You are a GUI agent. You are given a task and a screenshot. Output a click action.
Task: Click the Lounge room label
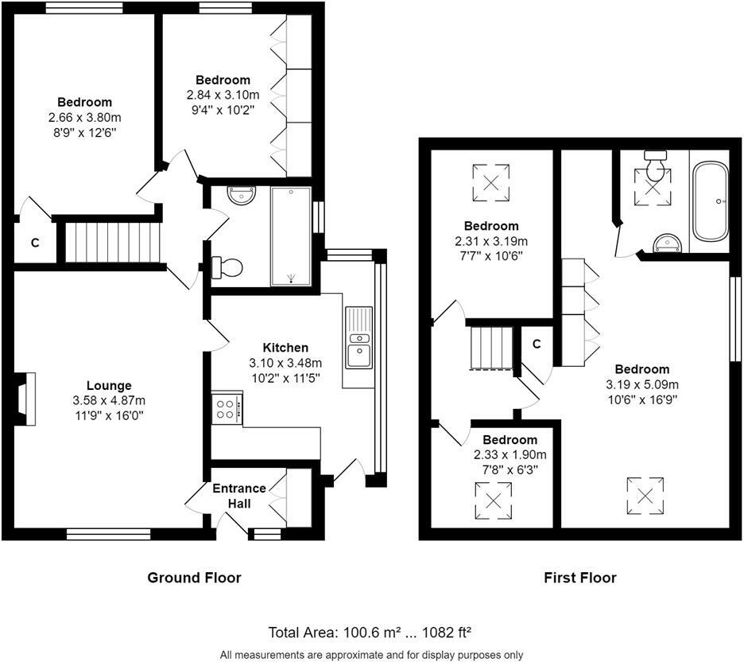[x=109, y=386]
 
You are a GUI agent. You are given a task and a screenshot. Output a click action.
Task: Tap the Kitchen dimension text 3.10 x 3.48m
[x=285, y=364]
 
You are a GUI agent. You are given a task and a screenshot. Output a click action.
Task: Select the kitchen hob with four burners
[x=227, y=409]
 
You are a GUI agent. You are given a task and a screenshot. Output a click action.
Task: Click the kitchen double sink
[x=359, y=337]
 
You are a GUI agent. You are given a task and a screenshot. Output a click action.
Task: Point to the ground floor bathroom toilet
[x=227, y=267]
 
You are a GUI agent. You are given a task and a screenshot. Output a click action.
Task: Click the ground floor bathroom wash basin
[x=242, y=195]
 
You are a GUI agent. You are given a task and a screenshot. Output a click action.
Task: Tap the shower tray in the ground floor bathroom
[x=291, y=236]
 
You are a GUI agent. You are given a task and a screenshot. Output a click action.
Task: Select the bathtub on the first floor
[x=710, y=202]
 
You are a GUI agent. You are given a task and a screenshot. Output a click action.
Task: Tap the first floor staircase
[x=491, y=348]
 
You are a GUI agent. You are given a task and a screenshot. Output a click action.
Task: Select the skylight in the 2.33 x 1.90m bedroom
[x=494, y=500]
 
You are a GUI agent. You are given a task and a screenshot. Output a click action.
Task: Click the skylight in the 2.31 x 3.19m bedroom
[x=491, y=183]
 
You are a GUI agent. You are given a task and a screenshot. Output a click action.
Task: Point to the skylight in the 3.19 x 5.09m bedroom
[x=645, y=496]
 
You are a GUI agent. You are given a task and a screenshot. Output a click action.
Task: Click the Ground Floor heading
[x=194, y=578]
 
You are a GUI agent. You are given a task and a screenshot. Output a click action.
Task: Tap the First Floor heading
[x=579, y=578]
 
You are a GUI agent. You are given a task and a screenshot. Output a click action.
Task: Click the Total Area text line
[x=370, y=633]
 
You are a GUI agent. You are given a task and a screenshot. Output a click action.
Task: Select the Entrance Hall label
[x=239, y=496]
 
